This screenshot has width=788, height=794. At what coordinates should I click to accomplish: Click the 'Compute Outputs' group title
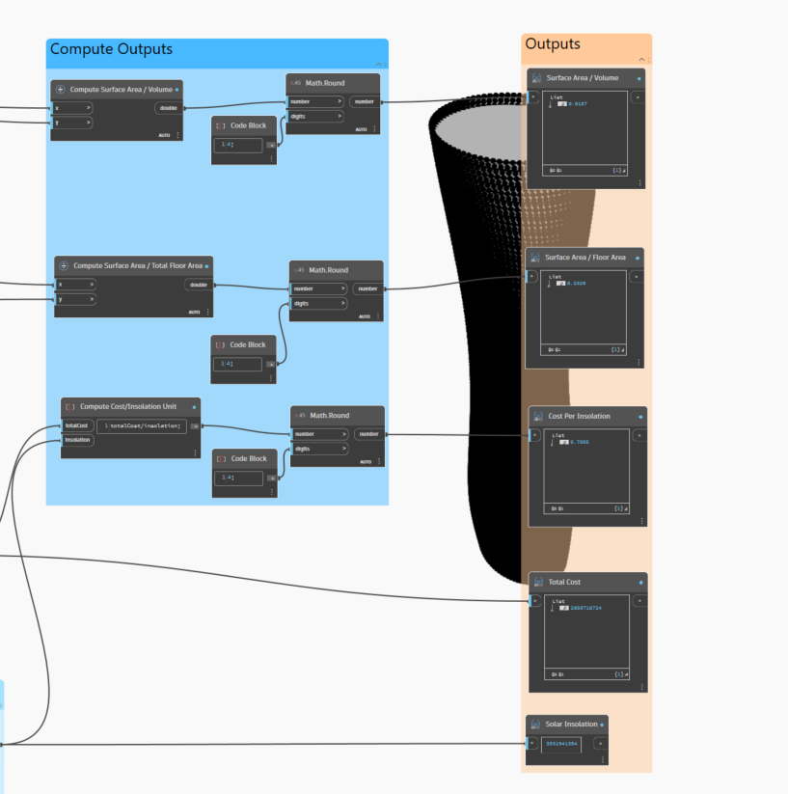tap(111, 49)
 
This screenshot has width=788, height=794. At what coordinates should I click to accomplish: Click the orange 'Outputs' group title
tap(553, 44)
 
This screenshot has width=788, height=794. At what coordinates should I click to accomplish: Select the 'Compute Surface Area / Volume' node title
tap(121, 89)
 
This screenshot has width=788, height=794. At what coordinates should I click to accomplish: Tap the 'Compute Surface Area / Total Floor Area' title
tap(138, 265)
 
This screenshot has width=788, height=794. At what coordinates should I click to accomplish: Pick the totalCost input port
tap(77, 425)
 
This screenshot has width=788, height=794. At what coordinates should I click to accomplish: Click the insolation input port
tap(77, 440)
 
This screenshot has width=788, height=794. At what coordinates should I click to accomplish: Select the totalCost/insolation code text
tap(145, 425)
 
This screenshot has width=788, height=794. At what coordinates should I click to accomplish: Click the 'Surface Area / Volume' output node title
tap(582, 78)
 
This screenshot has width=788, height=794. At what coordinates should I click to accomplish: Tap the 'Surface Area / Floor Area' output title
tap(585, 258)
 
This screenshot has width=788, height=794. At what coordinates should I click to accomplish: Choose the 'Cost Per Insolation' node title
tap(579, 416)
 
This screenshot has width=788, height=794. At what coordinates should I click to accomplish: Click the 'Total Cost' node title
tap(564, 582)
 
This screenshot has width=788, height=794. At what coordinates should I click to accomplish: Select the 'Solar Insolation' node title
tap(572, 725)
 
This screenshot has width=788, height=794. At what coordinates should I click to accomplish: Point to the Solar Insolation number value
tap(561, 744)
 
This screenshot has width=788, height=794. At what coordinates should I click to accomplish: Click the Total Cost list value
tap(585, 609)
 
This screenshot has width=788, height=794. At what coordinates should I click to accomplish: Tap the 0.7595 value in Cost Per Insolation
tap(579, 442)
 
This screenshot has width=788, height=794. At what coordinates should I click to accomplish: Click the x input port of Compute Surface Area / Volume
tap(72, 108)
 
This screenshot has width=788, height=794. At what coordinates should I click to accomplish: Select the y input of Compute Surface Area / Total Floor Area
tap(75, 299)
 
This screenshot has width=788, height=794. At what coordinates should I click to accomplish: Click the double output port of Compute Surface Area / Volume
tap(168, 108)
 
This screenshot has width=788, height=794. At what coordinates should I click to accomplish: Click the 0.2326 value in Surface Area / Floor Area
tap(577, 284)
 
